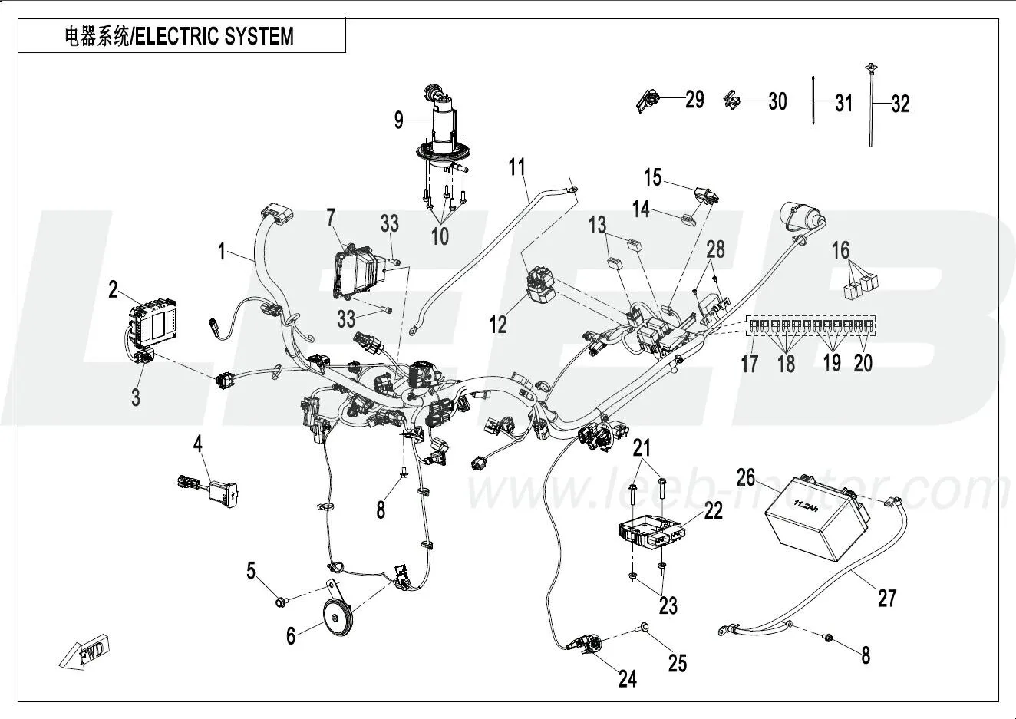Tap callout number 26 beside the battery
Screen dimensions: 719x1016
click(745, 477)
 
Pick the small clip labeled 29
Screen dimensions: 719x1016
click(649, 100)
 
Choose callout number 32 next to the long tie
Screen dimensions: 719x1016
click(900, 103)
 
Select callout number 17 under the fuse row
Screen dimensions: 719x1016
click(750, 362)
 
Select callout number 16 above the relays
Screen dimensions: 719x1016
click(841, 250)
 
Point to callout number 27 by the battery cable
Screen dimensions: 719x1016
click(886, 597)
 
